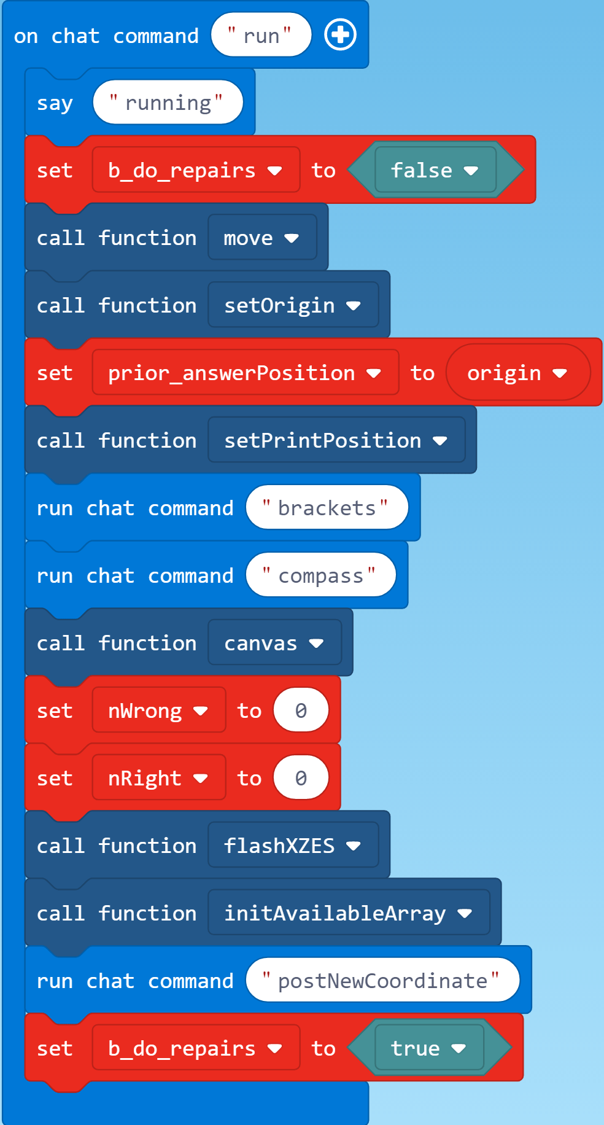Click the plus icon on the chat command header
point(340,35)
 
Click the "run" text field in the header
point(261,36)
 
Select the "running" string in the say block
point(168,103)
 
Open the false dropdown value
point(435,170)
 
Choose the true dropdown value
point(428,1048)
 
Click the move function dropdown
point(261,238)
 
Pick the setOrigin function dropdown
point(292,305)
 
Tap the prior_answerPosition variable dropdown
point(245,373)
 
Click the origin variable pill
point(517,373)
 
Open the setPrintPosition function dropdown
point(336,440)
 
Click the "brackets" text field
point(327,508)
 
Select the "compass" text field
point(320,575)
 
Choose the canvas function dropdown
point(274,643)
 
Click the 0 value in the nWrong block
point(301,710)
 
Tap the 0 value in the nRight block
point(301,778)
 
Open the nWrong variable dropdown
point(158,710)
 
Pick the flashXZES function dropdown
point(292,846)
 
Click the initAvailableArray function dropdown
point(348,913)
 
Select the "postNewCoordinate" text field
point(382,981)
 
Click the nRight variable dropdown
point(158,778)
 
